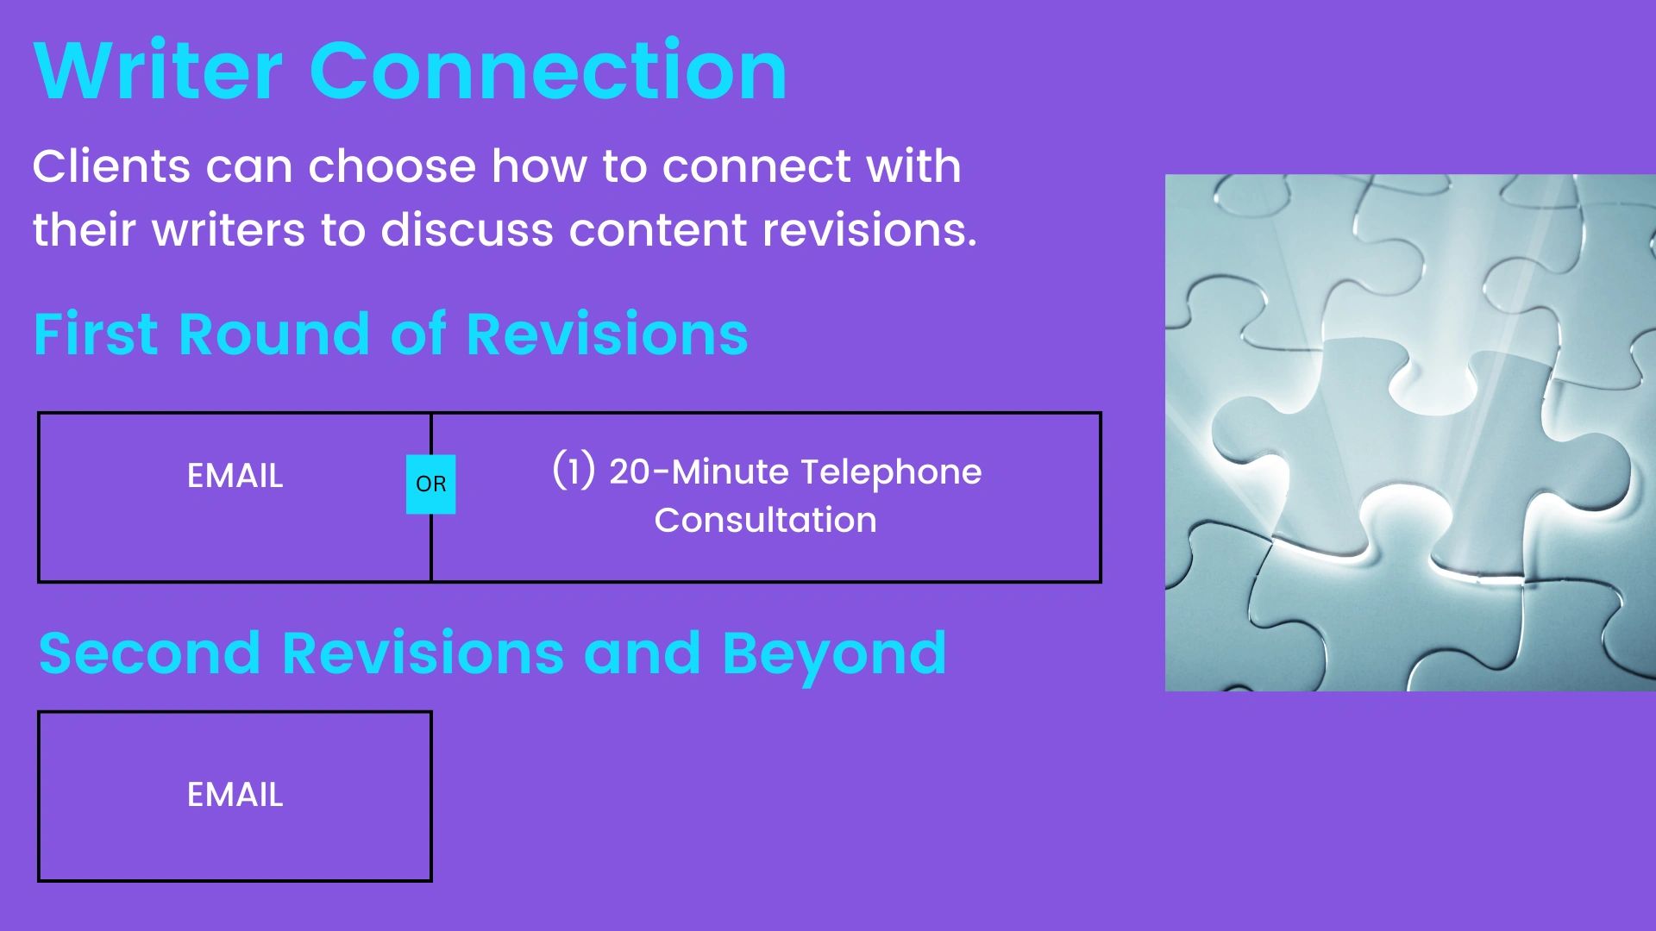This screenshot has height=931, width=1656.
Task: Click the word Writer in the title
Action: coord(158,71)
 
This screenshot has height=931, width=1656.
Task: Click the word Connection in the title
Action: coord(548,71)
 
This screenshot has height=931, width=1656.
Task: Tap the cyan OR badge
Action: coord(430,484)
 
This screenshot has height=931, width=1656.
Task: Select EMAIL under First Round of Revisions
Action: coord(235,476)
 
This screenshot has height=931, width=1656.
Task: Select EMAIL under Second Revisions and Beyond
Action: coord(235,795)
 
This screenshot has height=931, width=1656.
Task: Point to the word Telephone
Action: coord(892,472)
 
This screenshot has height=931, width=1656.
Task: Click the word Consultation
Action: coord(765,521)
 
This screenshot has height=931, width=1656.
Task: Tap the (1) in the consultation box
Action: coord(574,471)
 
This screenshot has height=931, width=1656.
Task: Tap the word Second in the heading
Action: coord(149,653)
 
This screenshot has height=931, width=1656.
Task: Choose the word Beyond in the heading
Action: coord(834,654)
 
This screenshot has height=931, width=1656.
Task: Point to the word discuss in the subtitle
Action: coord(467,230)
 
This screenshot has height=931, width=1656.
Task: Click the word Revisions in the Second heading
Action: coord(423,653)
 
